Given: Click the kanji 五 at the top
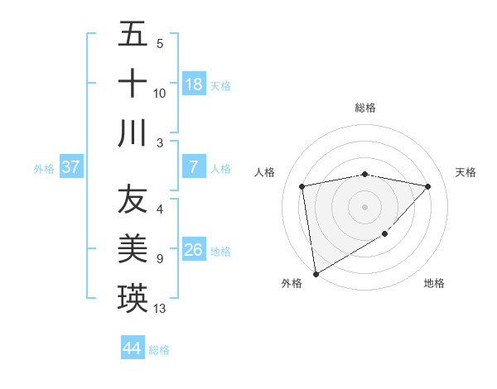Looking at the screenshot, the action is [x=133, y=34].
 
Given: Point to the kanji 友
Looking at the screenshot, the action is [x=133, y=199].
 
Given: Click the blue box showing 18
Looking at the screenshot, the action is [x=194, y=84].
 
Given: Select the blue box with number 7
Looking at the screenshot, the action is [x=194, y=167].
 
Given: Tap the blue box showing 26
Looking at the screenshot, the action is [x=194, y=250].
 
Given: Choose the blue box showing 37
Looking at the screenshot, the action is [x=71, y=167].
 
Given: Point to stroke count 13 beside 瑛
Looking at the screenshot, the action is [x=160, y=309].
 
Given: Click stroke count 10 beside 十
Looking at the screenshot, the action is [x=160, y=94].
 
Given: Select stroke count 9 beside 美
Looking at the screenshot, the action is [x=159, y=259].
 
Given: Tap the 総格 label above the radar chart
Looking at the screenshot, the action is [x=364, y=108].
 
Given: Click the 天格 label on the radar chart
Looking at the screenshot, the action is [x=466, y=172].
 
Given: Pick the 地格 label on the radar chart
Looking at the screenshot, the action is [x=434, y=283].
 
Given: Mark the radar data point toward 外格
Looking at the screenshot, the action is [x=316, y=273].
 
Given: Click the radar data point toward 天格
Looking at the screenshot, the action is [x=428, y=186].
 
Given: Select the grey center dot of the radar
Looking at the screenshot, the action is [x=364, y=206].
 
